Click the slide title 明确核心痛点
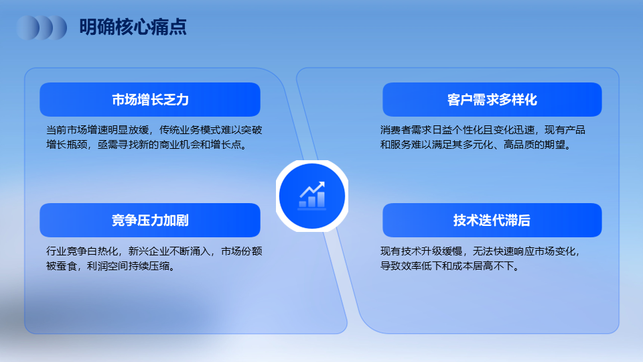(x=133, y=27)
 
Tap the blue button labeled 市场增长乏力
(x=150, y=99)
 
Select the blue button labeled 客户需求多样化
(x=492, y=99)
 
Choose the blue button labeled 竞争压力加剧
(x=150, y=220)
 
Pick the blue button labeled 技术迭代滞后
(x=492, y=220)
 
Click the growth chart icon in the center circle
(x=312, y=195)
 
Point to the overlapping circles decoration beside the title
(x=42, y=27)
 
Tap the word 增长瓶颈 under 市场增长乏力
(x=66, y=145)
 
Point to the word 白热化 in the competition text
(x=102, y=251)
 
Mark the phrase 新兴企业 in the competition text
(x=149, y=251)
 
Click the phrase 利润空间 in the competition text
(x=107, y=266)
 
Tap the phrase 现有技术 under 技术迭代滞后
(x=401, y=251)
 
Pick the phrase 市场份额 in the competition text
(x=242, y=251)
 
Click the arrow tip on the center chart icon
(x=324, y=182)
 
